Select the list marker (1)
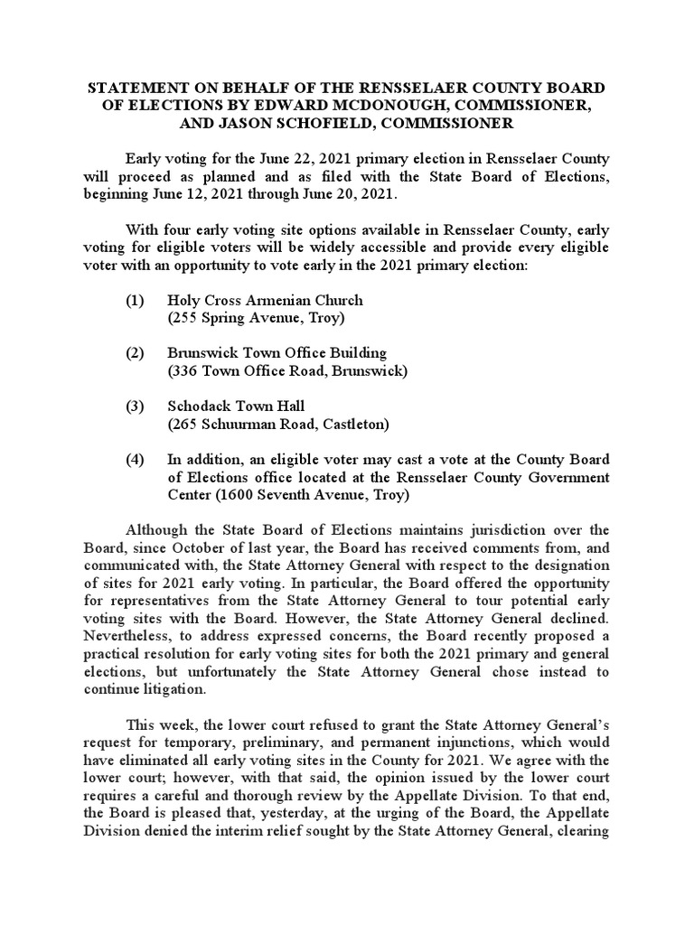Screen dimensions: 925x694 [136, 300]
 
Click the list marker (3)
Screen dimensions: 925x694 [136, 406]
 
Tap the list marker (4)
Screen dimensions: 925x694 [136, 460]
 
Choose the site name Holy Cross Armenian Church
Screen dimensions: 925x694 [265, 300]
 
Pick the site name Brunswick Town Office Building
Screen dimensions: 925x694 [277, 353]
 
